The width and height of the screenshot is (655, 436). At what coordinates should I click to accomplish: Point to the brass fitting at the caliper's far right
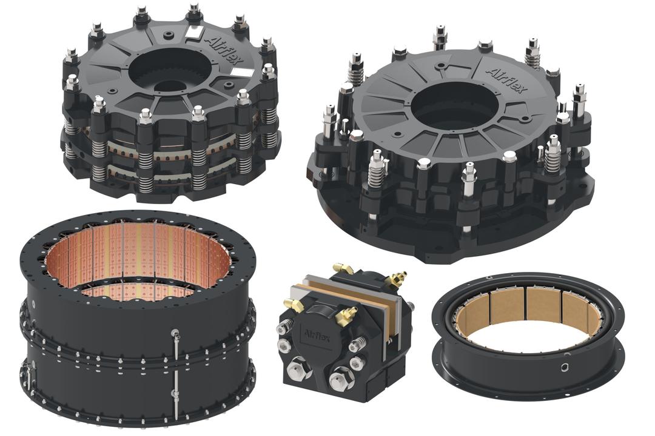398,279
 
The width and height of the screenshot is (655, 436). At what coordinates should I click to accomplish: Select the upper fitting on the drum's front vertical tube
175,333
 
